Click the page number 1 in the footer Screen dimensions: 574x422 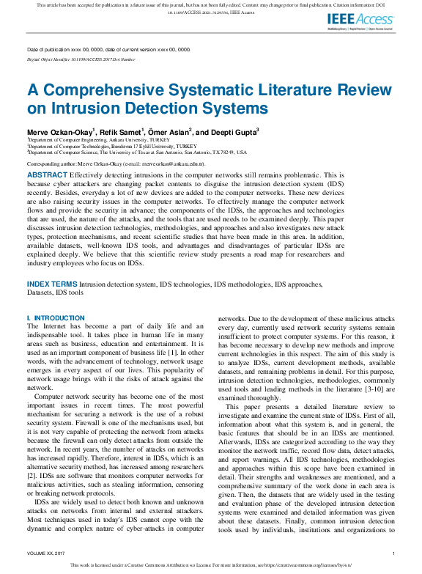(394, 553)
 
